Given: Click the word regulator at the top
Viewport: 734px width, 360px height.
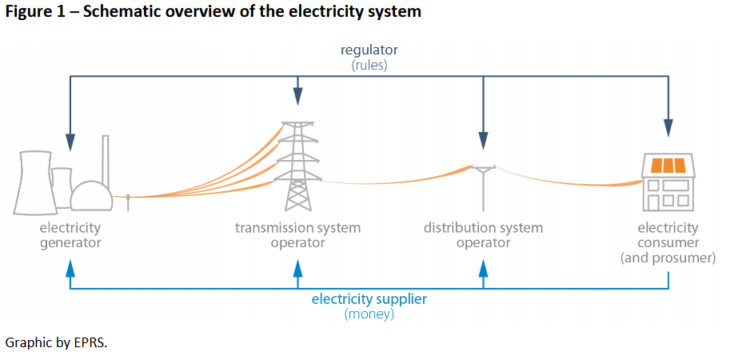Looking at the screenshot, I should [369, 50].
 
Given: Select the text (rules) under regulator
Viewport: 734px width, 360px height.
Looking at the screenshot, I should [369, 65].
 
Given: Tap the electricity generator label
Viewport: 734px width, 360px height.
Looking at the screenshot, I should [70, 235].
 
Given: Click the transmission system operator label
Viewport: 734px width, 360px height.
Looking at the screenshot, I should [297, 235].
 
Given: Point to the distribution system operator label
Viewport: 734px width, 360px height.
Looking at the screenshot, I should [483, 235].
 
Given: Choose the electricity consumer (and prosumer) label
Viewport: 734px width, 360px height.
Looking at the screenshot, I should [668, 242].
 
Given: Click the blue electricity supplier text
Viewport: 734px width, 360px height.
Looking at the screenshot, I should [369, 299].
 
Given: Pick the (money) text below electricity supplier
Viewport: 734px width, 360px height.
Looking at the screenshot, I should [369, 314].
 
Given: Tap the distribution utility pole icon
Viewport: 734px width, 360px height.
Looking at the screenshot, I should [483, 188].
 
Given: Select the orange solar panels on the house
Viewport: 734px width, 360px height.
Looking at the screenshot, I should [668, 166].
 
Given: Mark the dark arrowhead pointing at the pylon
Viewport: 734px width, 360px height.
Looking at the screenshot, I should [297, 97].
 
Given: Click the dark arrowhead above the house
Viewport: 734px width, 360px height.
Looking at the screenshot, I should [668, 128].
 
